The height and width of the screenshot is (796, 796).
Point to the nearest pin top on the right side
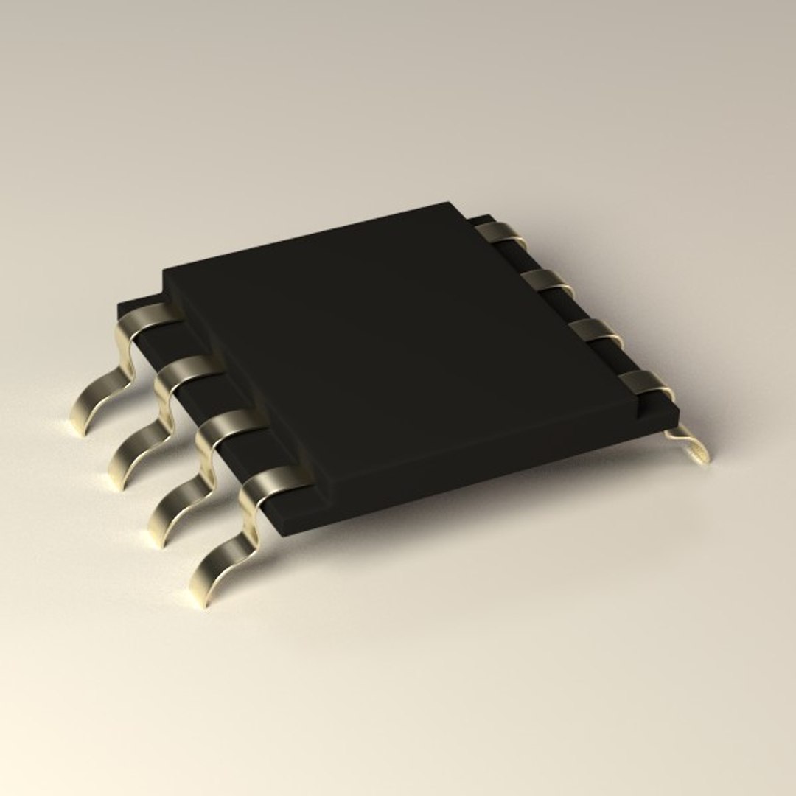click(644, 382)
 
